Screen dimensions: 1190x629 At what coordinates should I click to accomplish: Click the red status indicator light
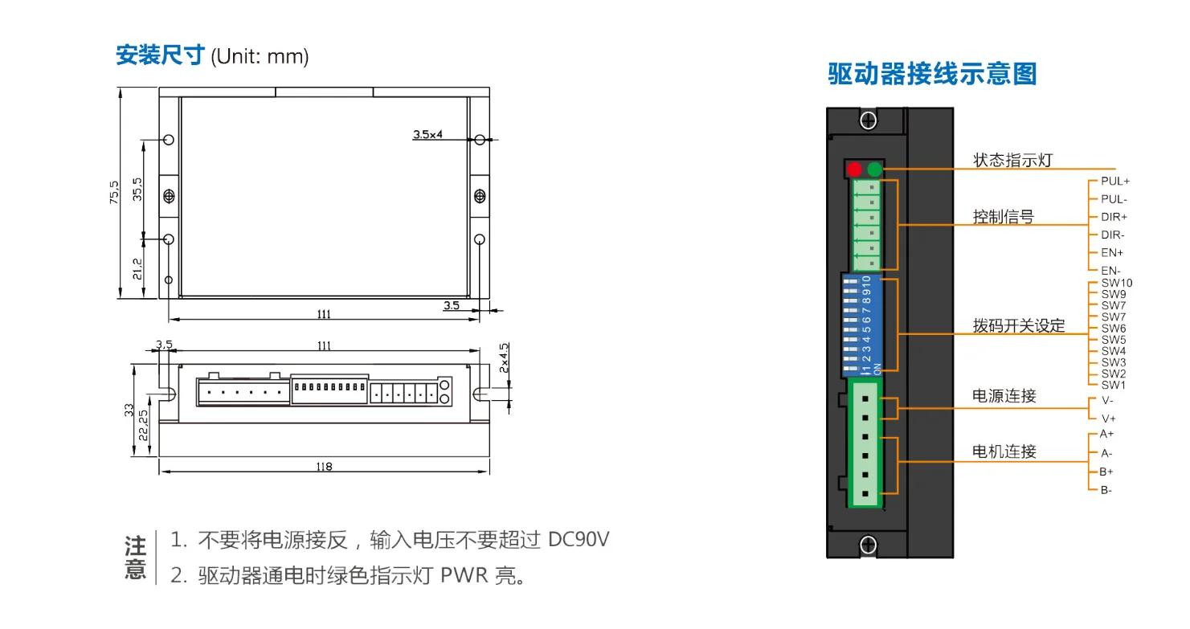[x=854, y=170]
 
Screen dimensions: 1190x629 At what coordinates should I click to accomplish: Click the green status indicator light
[x=874, y=170]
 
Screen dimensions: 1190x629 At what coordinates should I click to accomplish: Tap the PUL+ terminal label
[x=1115, y=182]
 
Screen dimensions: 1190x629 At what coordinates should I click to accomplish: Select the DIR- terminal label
[x=1112, y=235]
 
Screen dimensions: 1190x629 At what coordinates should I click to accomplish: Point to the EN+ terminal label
[x=1112, y=253]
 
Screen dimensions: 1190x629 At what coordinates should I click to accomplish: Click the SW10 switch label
[x=1117, y=283]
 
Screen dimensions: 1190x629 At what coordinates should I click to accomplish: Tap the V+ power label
[x=1108, y=419]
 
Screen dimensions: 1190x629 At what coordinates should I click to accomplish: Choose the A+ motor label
[x=1106, y=434]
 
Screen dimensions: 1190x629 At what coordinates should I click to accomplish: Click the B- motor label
[x=1106, y=490]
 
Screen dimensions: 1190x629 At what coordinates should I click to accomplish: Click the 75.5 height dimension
[x=114, y=192]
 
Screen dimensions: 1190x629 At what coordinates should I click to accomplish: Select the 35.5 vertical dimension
[x=137, y=190]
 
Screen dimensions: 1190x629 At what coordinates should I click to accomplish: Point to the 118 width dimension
[x=324, y=467]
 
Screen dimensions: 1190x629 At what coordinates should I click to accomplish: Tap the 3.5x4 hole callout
[x=427, y=134]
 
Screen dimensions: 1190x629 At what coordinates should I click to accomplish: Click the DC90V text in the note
[x=579, y=540]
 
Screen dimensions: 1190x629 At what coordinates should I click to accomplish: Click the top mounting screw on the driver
[x=868, y=120]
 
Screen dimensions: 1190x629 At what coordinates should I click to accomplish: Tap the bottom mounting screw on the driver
[x=868, y=545]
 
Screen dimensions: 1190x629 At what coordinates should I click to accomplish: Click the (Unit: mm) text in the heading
[x=260, y=56]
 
